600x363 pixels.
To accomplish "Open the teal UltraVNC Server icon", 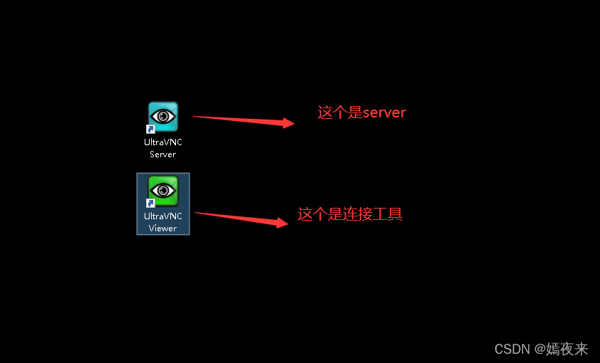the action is pyautogui.click(x=163, y=116).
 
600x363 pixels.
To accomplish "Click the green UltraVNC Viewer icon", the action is pyautogui.click(x=163, y=191).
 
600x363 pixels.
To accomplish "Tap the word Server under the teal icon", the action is pyautogui.click(x=162, y=154).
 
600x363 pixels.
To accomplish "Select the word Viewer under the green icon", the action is pyautogui.click(x=162, y=228).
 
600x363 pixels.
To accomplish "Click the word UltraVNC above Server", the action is pyautogui.click(x=163, y=142).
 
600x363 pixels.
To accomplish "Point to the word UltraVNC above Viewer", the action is pyautogui.click(x=163, y=216).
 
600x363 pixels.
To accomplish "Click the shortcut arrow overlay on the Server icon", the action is pyautogui.click(x=151, y=129).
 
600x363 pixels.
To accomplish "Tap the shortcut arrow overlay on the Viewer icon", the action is pyautogui.click(x=151, y=204).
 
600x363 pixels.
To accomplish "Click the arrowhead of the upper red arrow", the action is pyautogui.click(x=289, y=123).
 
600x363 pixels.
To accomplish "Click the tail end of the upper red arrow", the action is pyautogui.click(x=195, y=117).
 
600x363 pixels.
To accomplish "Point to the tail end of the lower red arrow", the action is pyautogui.click(x=196, y=212).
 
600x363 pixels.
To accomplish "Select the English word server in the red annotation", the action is pyautogui.click(x=384, y=112).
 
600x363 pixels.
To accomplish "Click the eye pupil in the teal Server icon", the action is pyautogui.click(x=164, y=115).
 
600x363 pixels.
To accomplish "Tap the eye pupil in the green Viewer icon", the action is pyautogui.click(x=164, y=190).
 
